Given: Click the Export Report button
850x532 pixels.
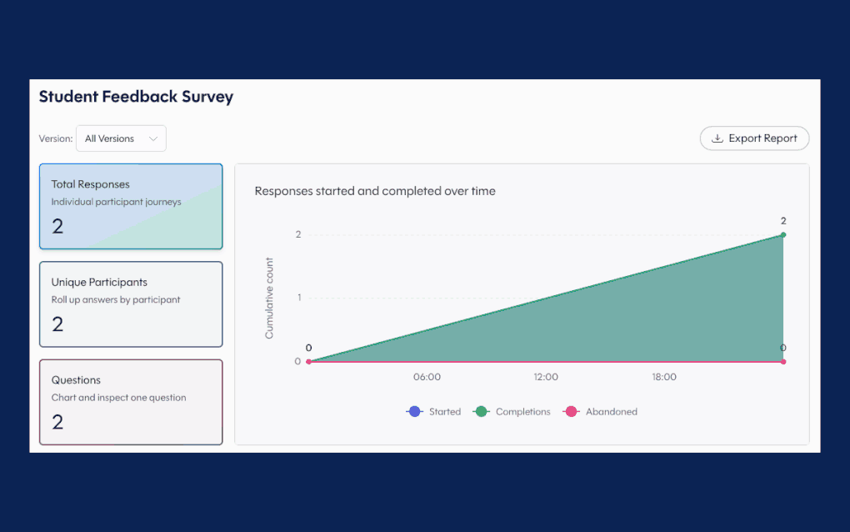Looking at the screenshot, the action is [754, 138].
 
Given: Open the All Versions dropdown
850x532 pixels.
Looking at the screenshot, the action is [121, 138].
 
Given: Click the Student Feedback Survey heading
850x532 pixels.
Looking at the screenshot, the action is [136, 97].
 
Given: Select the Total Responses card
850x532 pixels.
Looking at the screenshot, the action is [131, 207].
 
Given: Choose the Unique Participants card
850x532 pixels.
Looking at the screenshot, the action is [131, 304].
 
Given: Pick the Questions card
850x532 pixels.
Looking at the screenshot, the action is [131, 402].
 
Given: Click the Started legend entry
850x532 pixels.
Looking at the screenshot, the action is [433, 412].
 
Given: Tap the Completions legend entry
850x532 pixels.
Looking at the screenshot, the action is [511, 412].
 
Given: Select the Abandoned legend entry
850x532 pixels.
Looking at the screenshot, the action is [600, 412].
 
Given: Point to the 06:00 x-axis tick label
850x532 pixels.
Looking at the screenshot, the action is [427, 377].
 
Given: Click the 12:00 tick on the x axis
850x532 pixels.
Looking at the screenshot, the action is [545, 377].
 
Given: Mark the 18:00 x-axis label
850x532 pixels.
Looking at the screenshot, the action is [664, 377].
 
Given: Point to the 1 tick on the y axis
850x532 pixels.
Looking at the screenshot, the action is [299, 297].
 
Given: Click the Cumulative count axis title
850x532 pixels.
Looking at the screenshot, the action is [269, 299].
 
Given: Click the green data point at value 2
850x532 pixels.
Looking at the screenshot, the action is [783, 235].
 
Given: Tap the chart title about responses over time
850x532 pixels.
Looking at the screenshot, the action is [375, 191].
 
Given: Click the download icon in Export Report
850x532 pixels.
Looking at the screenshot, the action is [717, 138].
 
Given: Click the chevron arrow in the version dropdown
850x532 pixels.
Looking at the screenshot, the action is [153, 138].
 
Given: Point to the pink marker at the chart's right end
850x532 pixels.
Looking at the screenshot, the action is [783, 362].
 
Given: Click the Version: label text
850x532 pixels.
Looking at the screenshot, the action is [56, 138].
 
